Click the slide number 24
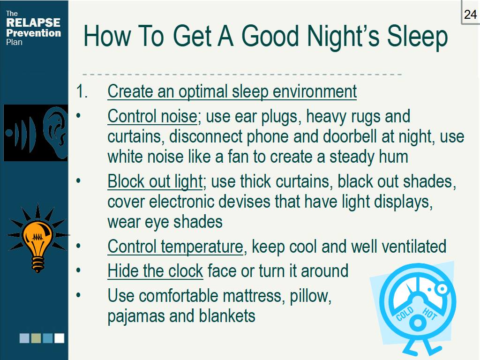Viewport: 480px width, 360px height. click(x=470, y=15)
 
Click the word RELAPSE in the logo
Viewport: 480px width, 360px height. click(x=33, y=23)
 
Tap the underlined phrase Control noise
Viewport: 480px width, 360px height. click(x=152, y=116)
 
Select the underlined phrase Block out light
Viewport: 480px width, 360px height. click(x=155, y=181)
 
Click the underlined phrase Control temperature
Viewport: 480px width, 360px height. click(x=175, y=246)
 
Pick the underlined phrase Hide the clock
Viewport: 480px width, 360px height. click(x=155, y=270)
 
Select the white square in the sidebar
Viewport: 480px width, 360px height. click(x=59, y=338)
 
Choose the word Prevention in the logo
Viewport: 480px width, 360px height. click(x=33, y=33)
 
